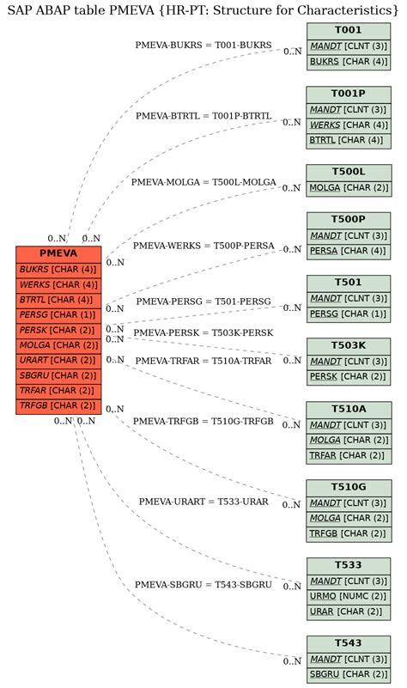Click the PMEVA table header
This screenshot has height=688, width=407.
pos(58,253)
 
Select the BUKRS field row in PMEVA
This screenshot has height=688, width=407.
pos(58,269)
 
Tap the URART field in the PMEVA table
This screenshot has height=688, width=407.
pos(58,360)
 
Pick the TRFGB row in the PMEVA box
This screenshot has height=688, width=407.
pos(58,405)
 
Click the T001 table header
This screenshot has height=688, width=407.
pos(349,31)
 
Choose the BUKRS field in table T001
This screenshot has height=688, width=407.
pos(349,62)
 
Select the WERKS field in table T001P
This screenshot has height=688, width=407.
pos(349,125)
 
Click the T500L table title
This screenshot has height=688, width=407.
pos(349,172)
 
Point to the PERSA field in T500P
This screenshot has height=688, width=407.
pos(349,251)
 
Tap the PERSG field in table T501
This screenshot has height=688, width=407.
pos(349,314)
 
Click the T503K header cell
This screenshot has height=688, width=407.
pos(349,345)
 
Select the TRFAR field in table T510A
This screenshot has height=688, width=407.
pos(349,455)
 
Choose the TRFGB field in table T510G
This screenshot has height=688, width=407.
pos(349,534)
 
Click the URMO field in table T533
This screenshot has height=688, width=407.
pos(349,596)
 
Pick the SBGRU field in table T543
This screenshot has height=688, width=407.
pos(349,674)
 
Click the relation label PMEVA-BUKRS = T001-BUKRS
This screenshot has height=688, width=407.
pos(203,45)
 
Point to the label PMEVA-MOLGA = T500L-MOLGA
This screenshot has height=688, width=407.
pos(203,182)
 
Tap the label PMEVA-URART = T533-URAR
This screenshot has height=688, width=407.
pos(203,502)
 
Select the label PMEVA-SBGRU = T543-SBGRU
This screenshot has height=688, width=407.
pos(203,585)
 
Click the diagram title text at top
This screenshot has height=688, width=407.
pos(203,9)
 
